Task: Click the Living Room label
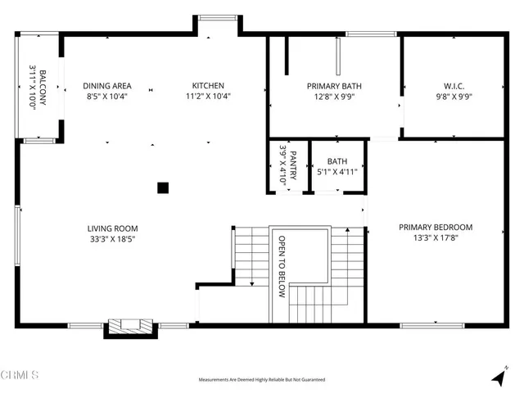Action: tap(113, 228)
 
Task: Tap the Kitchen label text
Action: tap(208, 86)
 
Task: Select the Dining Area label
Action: tap(107, 86)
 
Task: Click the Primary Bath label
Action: tap(334, 86)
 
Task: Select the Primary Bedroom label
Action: tap(436, 228)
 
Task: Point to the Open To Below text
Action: tap(282, 267)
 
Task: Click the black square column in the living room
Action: tap(163, 187)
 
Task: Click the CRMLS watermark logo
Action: tap(20, 376)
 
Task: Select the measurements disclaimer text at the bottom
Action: tap(262, 380)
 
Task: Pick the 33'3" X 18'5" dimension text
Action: tap(113, 240)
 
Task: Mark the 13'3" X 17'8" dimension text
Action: tap(436, 239)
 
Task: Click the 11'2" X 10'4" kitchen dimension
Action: tap(208, 97)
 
